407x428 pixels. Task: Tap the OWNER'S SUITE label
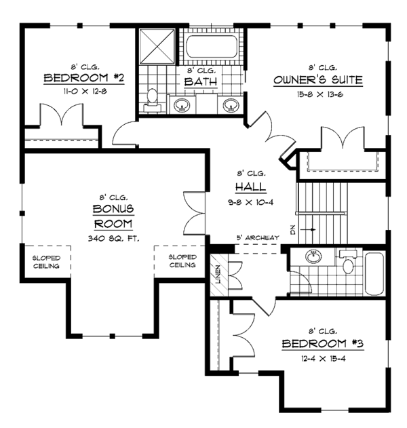tap(318, 81)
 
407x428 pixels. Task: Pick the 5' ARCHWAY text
tap(258, 237)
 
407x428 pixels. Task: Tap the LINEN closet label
tap(218, 274)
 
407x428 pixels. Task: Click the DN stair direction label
tap(294, 230)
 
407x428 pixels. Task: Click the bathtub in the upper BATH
tap(212, 47)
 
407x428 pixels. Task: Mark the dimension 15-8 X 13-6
tap(317, 94)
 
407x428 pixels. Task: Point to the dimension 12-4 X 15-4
tap(323, 357)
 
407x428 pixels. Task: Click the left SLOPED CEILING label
tap(45, 262)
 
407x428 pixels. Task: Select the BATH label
tap(201, 83)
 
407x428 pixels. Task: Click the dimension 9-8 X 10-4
tap(250, 201)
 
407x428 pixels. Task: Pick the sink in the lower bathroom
tap(313, 256)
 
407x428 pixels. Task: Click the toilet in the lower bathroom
tap(348, 263)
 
